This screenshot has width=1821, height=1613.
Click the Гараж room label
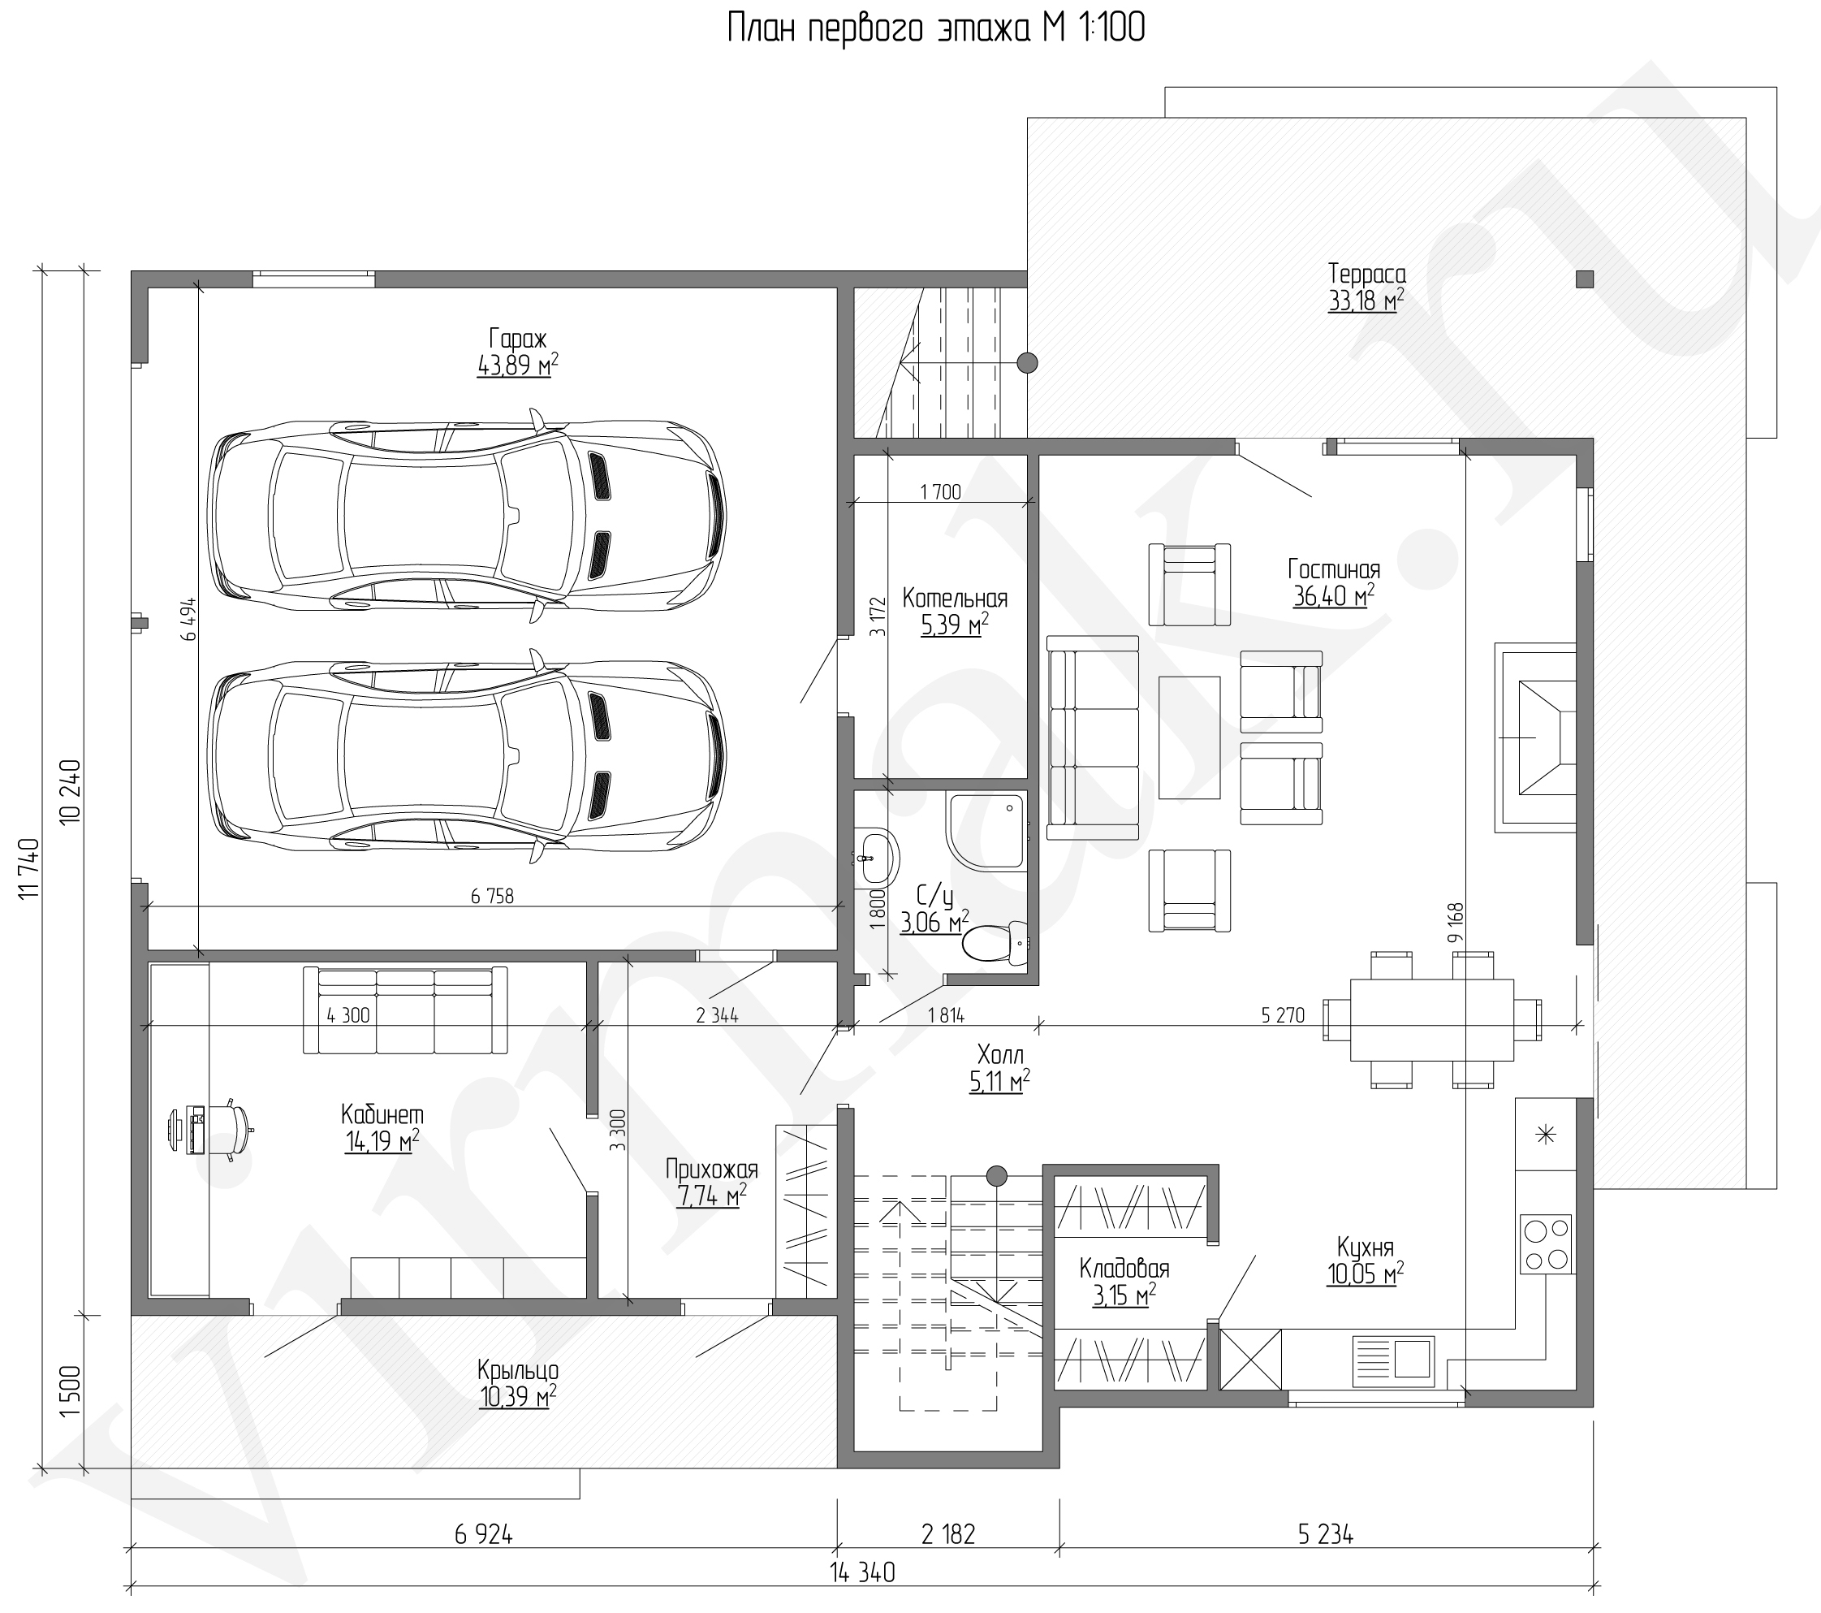[518, 339]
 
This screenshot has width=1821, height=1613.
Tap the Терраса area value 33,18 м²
[1366, 301]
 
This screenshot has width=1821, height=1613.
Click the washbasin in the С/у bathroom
[878, 854]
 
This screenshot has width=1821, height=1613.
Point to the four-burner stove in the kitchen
[1546, 1243]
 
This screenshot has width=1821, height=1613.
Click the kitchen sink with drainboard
[1392, 1360]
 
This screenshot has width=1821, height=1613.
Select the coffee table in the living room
[1189, 737]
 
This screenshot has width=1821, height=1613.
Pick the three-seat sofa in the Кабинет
[405, 1010]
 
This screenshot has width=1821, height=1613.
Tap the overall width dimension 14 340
[862, 1573]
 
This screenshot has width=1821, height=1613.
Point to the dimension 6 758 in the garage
[493, 896]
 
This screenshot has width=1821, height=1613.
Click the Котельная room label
[955, 598]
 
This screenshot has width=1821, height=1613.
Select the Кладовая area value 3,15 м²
[1124, 1295]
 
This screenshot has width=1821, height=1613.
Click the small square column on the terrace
[1584, 279]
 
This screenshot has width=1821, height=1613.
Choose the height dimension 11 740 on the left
[29, 869]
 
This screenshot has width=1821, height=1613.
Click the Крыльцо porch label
[518, 1369]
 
